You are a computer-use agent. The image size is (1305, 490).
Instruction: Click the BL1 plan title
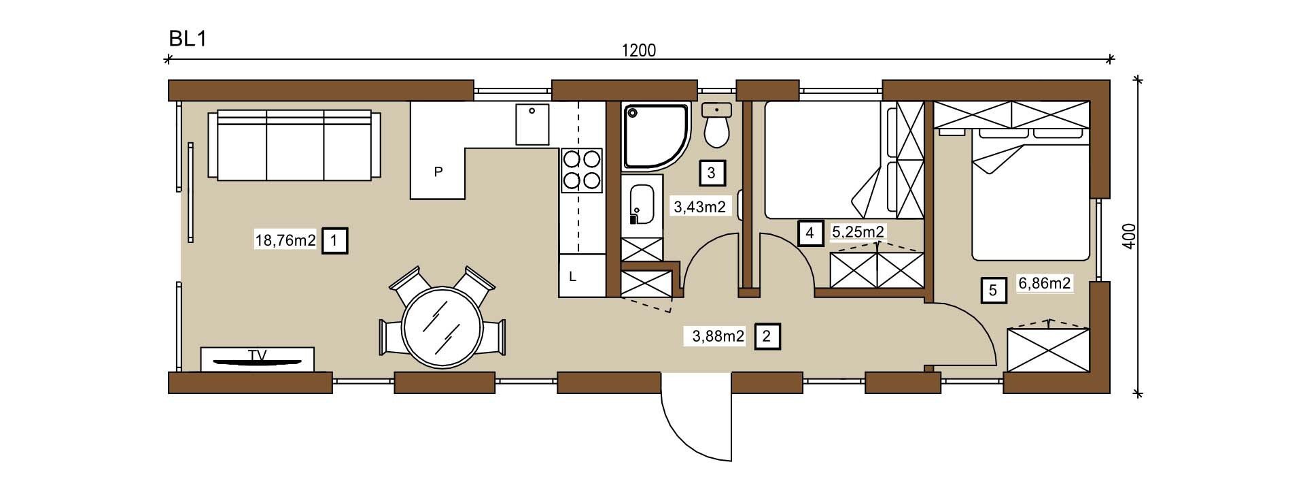(x=187, y=39)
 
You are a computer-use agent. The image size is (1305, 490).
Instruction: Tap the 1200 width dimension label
(x=639, y=50)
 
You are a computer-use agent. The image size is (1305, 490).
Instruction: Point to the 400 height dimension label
(x=1130, y=236)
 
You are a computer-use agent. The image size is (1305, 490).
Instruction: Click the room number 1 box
(x=334, y=240)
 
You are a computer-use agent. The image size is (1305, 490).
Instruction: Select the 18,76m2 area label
(x=285, y=240)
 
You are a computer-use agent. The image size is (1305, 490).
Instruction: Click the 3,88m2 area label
(x=718, y=336)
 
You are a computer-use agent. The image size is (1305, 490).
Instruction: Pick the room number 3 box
(x=712, y=173)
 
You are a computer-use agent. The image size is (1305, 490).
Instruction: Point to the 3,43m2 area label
(x=699, y=206)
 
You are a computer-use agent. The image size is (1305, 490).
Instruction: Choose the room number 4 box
(x=810, y=233)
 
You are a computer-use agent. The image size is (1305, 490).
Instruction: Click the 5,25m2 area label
(x=858, y=232)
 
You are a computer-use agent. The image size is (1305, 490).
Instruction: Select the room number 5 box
(x=993, y=291)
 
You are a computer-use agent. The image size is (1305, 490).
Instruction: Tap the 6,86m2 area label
(x=1045, y=282)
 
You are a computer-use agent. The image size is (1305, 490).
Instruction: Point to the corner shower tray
(x=657, y=135)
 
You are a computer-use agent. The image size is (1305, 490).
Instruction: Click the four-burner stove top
(x=582, y=170)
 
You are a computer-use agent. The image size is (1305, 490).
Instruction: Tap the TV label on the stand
(x=257, y=355)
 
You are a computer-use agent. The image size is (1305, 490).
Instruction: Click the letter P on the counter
(x=438, y=171)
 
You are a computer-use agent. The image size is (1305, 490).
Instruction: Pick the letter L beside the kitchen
(x=573, y=277)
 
